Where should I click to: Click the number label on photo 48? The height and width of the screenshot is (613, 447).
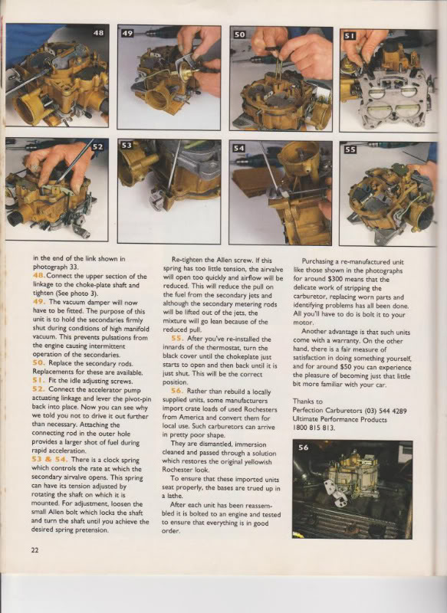pyautogui.click(x=99, y=33)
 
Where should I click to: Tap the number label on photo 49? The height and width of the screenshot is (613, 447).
pyautogui.click(x=127, y=33)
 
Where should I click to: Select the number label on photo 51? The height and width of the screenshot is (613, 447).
pyautogui.click(x=350, y=36)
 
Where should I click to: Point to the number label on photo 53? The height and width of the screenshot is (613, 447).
pyautogui.click(x=127, y=146)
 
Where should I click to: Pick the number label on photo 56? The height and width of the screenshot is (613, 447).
pyautogui.click(x=304, y=447)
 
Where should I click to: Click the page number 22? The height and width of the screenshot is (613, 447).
pyautogui.click(x=35, y=550)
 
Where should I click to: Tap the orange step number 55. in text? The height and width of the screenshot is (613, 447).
pyautogui.click(x=178, y=339)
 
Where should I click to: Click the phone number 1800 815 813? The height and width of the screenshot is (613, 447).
pyautogui.click(x=314, y=428)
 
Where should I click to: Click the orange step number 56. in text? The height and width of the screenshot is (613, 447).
pyautogui.click(x=178, y=391)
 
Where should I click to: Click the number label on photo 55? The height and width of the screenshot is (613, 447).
pyautogui.click(x=350, y=149)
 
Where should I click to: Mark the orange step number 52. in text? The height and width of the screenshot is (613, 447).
pyautogui.click(x=39, y=389)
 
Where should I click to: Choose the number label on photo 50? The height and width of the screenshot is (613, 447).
pyautogui.click(x=239, y=34)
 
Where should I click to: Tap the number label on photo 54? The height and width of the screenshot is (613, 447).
pyautogui.click(x=238, y=148)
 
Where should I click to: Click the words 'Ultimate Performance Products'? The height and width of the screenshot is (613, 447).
pyautogui.click(x=340, y=419)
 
